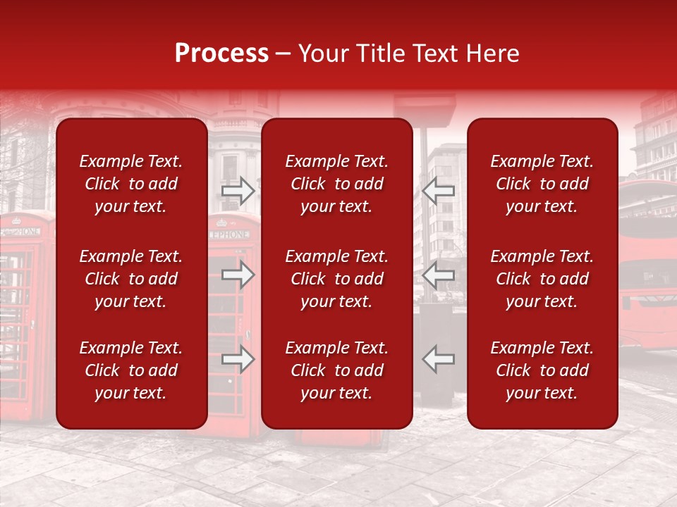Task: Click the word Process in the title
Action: [x=221, y=54]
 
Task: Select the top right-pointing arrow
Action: [x=238, y=190]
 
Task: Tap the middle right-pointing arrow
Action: [x=238, y=275]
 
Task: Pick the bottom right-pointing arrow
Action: [x=238, y=359]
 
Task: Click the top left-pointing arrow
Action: [x=439, y=190]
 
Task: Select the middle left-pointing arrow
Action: [x=439, y=275]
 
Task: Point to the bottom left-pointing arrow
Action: [x=439, y=359]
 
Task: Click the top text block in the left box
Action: [x=131, y=184]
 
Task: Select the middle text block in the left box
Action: [x=131, y=279]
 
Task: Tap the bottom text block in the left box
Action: [x=131, y=370]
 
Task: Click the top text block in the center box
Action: [x=337, y=184]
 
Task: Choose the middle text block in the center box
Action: [x=337, y=279]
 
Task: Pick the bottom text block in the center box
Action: [x=337, y=370]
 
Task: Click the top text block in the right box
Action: [x=542, y=184]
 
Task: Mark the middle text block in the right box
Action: [x=542, y=279]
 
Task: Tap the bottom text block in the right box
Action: [x=542, y=370]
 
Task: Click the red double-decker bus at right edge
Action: [x=647, y=268]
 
